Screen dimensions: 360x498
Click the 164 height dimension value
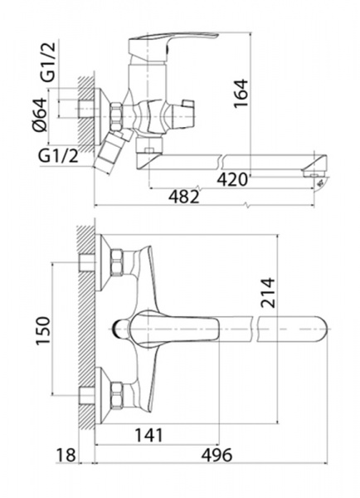pos(241,94)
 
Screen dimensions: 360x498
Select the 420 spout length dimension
pos(232,180)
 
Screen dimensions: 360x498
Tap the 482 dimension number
pos(184,197)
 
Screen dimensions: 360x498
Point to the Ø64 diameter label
pos(40,115)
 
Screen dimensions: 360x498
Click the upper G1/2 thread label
pos(48,62)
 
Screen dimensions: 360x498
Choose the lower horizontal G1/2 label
pos(58,156)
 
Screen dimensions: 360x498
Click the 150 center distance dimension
pos(43,330)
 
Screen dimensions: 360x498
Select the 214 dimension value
pos(268,293)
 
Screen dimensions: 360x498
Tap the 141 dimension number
pos(148,435)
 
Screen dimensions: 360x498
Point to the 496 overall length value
pos(216,455)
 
